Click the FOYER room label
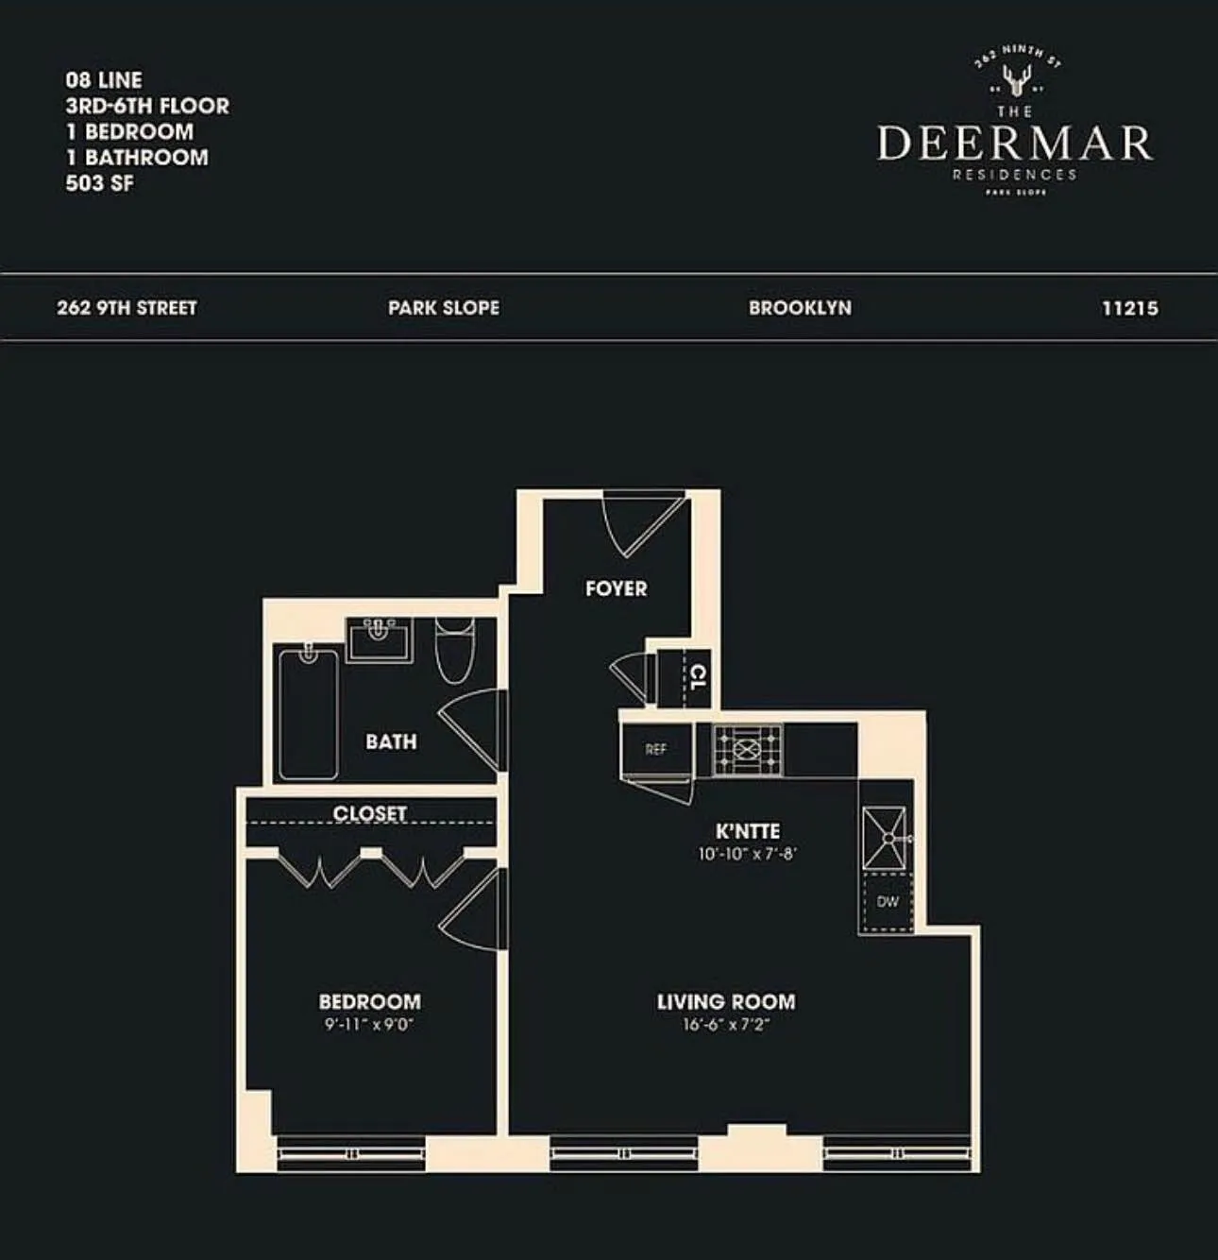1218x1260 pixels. pyautogui.click(x=616, y=588)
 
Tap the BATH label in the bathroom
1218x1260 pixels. pyautogui.click(x=391, y=741)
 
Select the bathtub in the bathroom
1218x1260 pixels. pyautogui.click(x=308, y=712)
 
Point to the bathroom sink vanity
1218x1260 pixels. pyautogui.click(x=379, y=639)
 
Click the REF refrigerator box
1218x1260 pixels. pyautogui.click(x=656, y=749)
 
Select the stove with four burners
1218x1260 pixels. pyautogui.click(x=747, y=750)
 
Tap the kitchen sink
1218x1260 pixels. pyautogui.click(x=886, y=837)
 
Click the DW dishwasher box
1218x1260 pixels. pyautogui.click(x=887, y=902)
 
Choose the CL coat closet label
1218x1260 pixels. pyautogui.click(x=697, y=676)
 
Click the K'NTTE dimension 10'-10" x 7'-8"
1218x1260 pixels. pyautogui.click(x=748, y=854)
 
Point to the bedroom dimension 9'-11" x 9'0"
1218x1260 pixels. pyautogui.click(x=369, y=1024)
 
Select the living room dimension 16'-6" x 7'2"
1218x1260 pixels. pyautogui.click(x=726, y=1024)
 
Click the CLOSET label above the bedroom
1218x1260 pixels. pyautogui.click(x=369, y=813)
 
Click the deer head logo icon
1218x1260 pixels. pyautogui.click(x=1016, y=81)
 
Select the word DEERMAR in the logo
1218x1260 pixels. pyautogui.click(x=1015, y=143)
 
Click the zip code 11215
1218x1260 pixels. pyautogui.click(x=1129, y=308)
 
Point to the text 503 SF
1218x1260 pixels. pyautogui.click(x=99, y=183)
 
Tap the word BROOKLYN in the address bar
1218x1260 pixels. pyautogui.click(x=800, y=308)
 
